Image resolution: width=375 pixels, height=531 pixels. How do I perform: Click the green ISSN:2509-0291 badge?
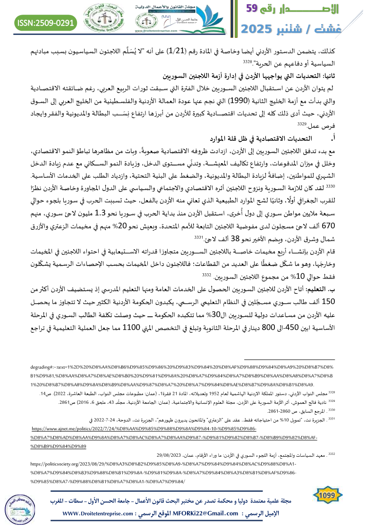[x=46, y=22]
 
